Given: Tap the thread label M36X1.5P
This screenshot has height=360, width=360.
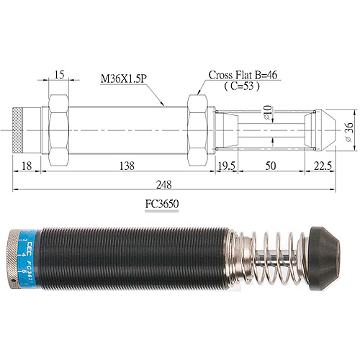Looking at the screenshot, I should pyautogui.click(x=126, y=75).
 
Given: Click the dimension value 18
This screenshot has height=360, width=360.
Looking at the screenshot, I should pyautogui.click(x=27, y=165).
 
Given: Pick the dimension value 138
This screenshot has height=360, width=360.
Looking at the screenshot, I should pyautogui.click(x=127, y=165).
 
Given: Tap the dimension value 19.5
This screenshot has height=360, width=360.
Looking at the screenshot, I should pyautogui.click(x=227, y=165).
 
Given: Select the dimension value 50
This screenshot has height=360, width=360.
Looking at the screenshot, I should pyautogui.click(x=270, y=165).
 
